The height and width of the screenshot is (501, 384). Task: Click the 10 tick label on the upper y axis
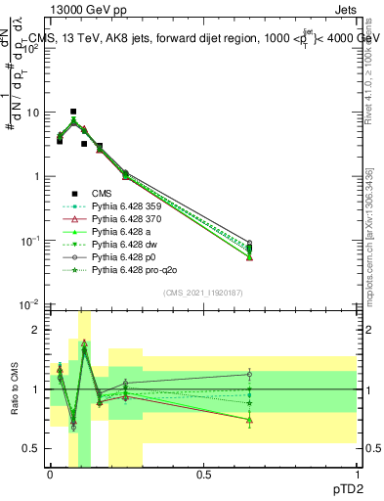[32, 113]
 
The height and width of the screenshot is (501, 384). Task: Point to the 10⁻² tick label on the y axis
[30, 305]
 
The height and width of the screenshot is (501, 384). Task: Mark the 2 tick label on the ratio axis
[37, 330]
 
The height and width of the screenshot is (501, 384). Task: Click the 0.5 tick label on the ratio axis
[32, 448]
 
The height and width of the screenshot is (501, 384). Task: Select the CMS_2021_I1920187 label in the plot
[202, 293]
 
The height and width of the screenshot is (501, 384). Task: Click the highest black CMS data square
[73, 112]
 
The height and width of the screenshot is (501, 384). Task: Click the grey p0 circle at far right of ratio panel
[249, 374]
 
